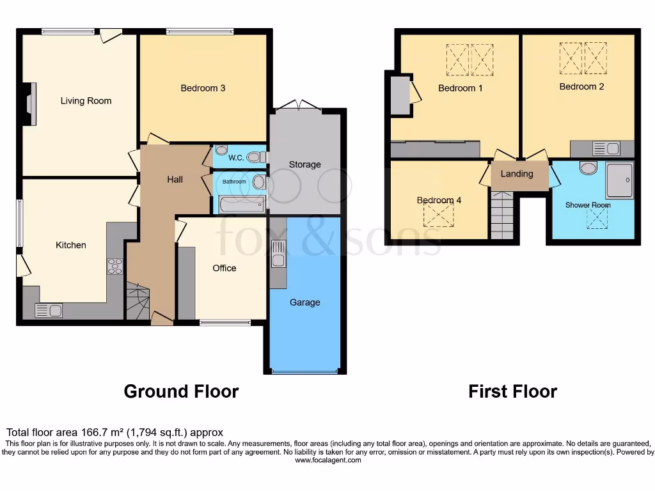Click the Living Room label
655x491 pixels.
(x=86, y=100)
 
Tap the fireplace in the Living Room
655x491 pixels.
(x=30, y=104)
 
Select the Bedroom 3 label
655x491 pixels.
(x=203, y=88)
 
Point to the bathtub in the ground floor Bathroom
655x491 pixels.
(x=242, y=205)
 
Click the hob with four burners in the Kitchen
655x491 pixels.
(x=114, y=266)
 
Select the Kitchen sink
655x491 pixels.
(x=49, y=311)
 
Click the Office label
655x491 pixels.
(x=225, y=268)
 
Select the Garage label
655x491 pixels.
(x=304, y=302)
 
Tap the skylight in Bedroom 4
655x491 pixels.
(x=438, y=216)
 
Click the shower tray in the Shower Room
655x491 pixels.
(x=619, y=180)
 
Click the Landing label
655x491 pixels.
(x=516, y=174)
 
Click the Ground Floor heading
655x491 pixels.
(x=181, y=391)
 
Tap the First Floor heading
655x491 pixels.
(x=512, y=391)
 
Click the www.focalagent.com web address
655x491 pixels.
(x=327, y=460)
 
